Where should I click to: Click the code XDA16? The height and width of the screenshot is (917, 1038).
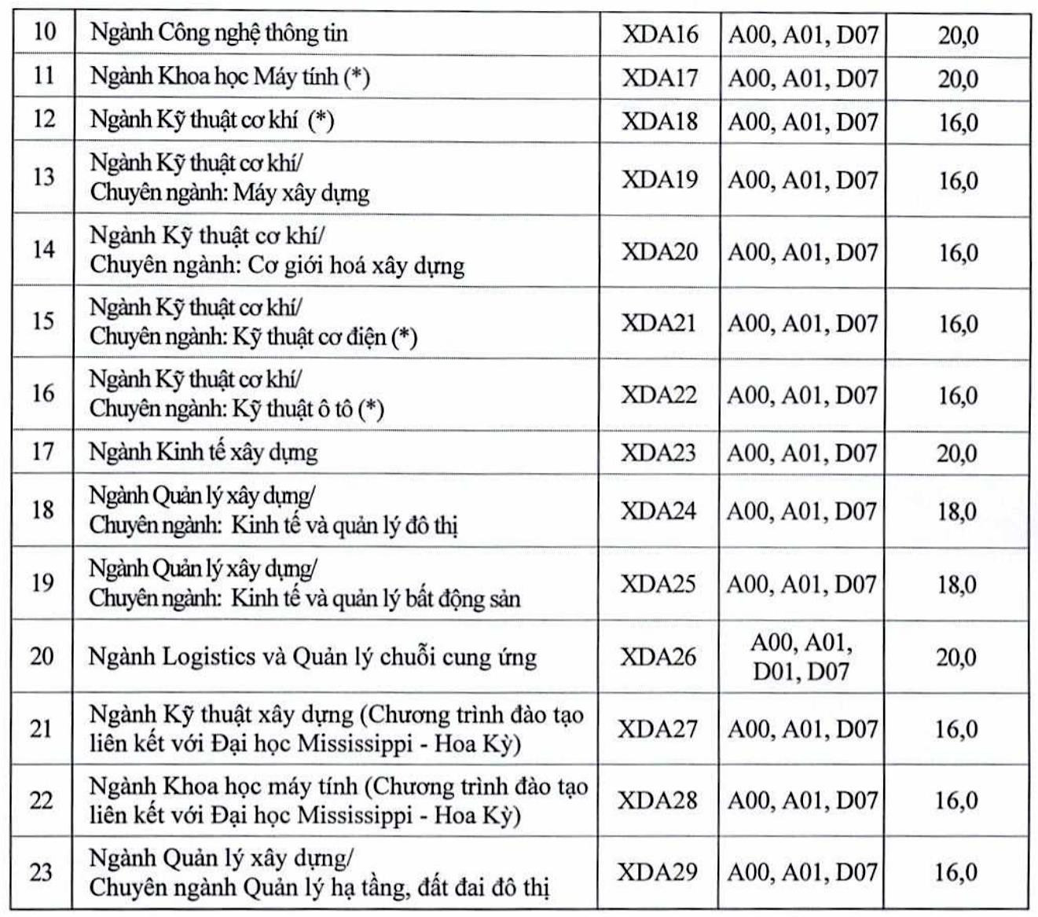click(660, 35)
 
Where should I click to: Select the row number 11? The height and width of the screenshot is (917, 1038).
click(44, 76)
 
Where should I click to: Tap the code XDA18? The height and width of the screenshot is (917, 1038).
click(660, 121)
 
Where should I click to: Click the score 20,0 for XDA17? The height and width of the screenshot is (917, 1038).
click(958, 79)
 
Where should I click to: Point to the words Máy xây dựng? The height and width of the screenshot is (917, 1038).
click(301, 193)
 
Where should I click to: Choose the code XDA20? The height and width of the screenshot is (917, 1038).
click(660, 251)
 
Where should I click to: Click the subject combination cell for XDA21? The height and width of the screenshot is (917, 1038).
click(802, 324)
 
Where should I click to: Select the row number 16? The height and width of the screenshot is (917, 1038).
click(43, 393)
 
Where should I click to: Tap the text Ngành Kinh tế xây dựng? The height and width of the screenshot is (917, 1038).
click(204, 453)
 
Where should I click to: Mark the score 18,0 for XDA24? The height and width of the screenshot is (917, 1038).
click(956, 512)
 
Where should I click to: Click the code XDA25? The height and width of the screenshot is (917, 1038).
click(658, 584)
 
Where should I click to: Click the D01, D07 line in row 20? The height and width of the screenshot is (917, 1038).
click(801, 672)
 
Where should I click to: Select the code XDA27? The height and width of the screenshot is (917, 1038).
click(658, 728)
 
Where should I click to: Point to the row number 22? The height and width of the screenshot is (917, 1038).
click(42, 800)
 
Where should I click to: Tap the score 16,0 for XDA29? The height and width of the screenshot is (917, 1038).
click(955, 872)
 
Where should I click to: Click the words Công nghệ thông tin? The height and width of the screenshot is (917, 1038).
click(253, 34)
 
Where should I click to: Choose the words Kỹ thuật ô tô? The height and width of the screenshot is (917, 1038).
click(302, 409)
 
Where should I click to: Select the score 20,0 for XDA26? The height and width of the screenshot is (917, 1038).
click(955, 657)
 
